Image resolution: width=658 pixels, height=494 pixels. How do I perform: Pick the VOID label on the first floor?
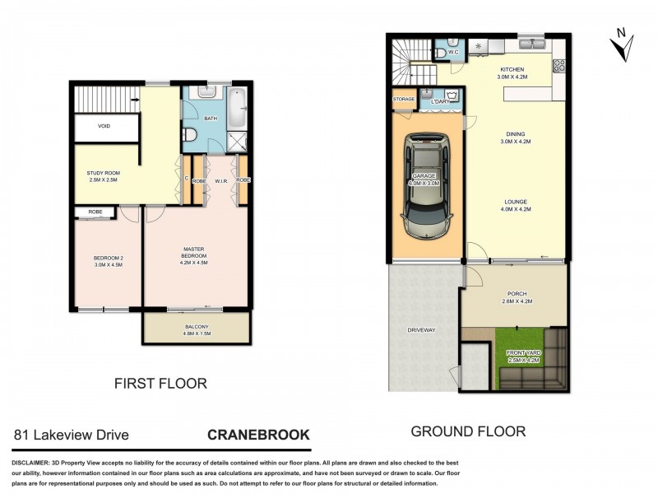coord(104,126)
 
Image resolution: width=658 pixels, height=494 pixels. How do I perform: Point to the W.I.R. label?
coord(220,179)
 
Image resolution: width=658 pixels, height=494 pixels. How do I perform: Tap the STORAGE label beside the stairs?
coord(404,99)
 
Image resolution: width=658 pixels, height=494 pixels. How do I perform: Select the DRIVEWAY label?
coord(421,330)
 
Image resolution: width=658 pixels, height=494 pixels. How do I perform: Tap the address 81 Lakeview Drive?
coord(71,435)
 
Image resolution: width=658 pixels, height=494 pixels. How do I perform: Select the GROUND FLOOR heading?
coord(467,431)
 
